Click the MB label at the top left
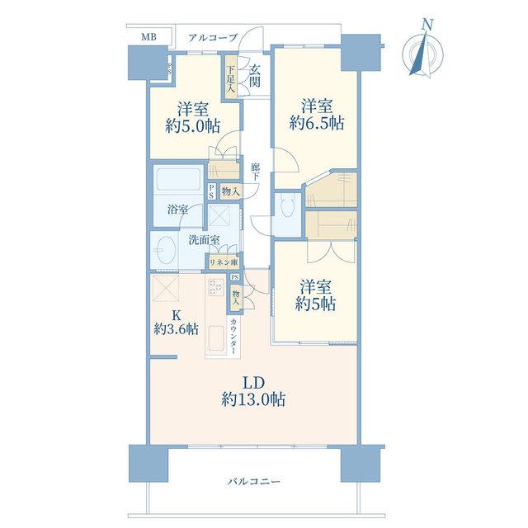click(148, 36)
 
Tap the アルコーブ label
click(213, 37)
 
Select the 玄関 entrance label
click(255, 76)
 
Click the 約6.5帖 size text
click(317, 124)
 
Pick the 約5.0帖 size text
click(192, 126)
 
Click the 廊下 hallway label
click(255, 172)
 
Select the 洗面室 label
click(204, 240)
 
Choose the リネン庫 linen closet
click(224, 262)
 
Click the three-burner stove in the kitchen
click(215, 288)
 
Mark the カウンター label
click(233, 336)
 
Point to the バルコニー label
click(253, 482)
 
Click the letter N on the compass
click(427, 25)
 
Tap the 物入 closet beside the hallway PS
click(231, 192)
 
